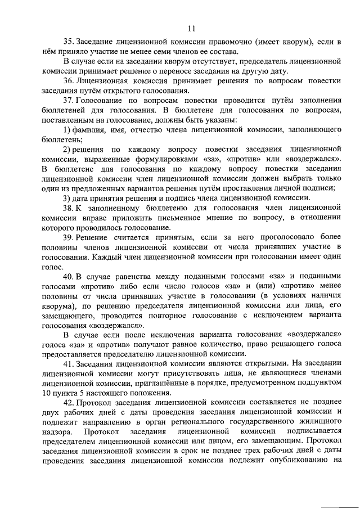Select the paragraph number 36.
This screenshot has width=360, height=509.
tap(69, 81)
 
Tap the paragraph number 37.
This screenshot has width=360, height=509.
tap(69, 101)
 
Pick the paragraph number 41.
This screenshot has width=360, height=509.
tap(69, 363)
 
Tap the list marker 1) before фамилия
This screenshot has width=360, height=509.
tap(66, 130)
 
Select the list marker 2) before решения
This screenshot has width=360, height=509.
tap(66, 149)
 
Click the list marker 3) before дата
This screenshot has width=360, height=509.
tap(66, 198)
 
